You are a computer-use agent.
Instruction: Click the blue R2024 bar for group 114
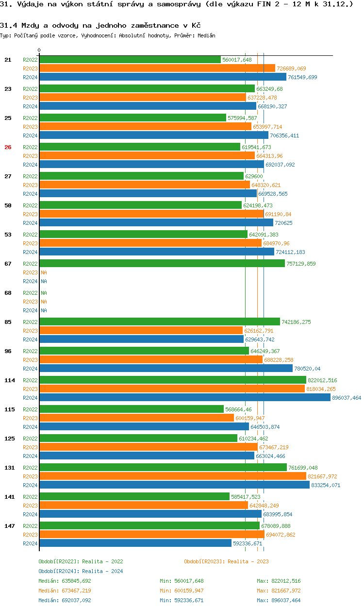click(185, 397)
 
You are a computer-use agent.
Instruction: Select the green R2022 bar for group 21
click(130, 60)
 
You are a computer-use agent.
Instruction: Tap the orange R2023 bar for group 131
click(173, 476)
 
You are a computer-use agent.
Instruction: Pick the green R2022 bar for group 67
click(162, 263)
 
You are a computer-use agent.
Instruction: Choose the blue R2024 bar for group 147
click(135, 543)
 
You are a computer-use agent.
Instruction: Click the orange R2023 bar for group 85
click(141, 331)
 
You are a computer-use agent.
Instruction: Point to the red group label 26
click(8, 147)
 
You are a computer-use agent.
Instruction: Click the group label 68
click(8, 293)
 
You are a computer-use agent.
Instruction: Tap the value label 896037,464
click(347, 398)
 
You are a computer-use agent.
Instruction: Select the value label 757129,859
click(301, 264)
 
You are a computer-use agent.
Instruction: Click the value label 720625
click(283, 223)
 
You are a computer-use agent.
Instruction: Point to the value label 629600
click(254, 176)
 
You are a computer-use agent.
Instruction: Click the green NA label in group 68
click(44, 293)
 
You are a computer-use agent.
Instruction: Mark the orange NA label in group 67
click(44, 272)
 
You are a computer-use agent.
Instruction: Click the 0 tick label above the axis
click(39, 50)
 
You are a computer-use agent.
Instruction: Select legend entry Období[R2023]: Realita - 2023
click(226, 561)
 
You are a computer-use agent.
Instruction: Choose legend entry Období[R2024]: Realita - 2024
click(81, 571)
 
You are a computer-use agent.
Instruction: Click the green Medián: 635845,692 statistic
click(65, 581)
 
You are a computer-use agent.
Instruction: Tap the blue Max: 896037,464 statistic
click(279, 600)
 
